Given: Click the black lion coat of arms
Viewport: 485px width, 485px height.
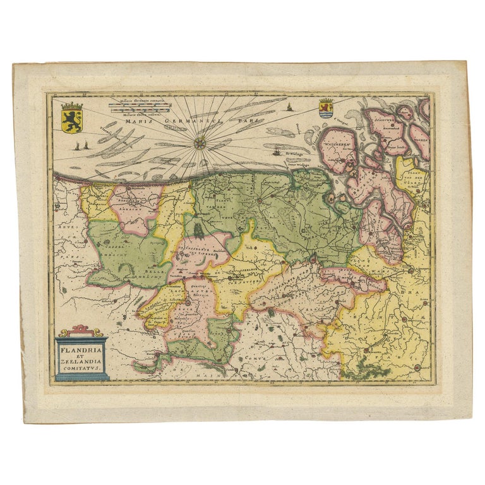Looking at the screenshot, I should (x=72, y=117).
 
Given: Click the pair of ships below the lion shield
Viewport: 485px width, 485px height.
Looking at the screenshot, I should (x=78, y=146).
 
